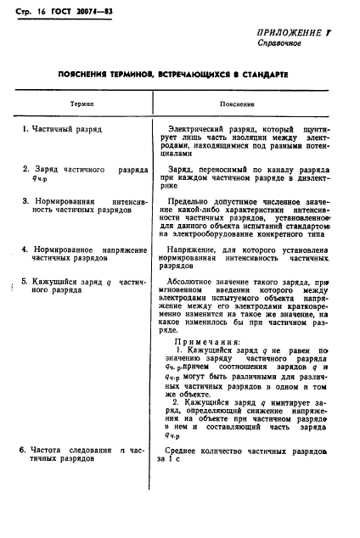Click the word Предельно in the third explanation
pos(193,201)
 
